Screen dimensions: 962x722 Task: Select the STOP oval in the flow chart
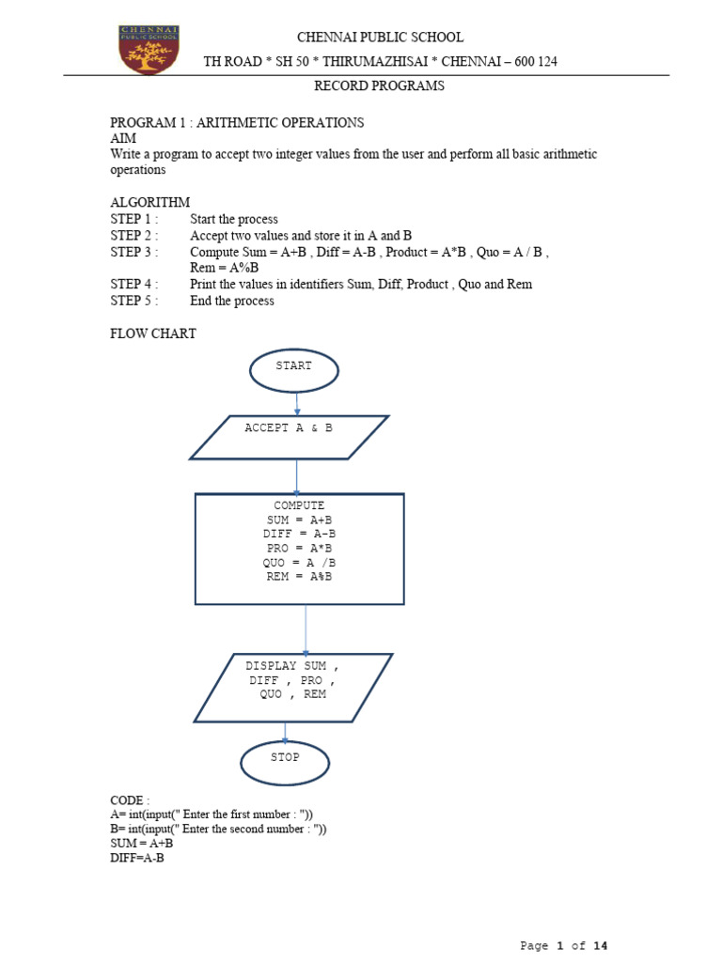pyautogui.click(x=285, y=760)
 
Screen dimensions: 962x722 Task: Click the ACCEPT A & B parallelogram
pyautogui.click(x=289, y=437)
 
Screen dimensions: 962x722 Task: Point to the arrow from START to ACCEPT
pyautogui.click(x=296, y=404)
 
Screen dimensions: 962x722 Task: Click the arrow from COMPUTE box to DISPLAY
pyautogui.click(x=305, y=629)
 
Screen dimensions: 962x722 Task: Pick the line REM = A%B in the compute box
pyautogui.click(x=299, y=577)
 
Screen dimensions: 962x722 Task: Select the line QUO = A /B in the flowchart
pyautogui.click(x=299, y=563)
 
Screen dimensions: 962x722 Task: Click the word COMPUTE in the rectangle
pyautogui.click(x=299, y=505)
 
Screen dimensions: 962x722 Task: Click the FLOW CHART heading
pyautogui.click(x=153, y=334)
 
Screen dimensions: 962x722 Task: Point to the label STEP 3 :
pyautogui.click(x=134, y=253)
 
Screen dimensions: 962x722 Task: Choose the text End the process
pyautogui.click(x=232, y=301)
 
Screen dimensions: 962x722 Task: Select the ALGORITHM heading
pyautogui.click(x=150, y=203)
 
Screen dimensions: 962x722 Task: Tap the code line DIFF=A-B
pyautogui.click(x=137, y=858)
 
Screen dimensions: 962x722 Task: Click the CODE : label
pyautogui.click(x=130, y=800)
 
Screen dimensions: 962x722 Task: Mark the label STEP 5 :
pyautogui.click(x=134, y=301)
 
